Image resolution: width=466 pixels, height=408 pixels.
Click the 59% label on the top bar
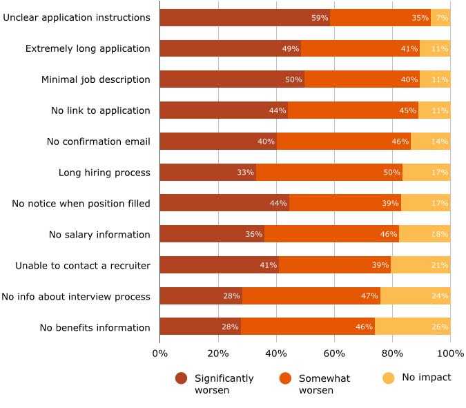[x=320, y=18]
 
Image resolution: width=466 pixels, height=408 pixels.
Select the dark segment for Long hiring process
[x=207, y=172]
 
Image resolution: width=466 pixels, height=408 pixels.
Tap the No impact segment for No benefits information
[x=412, y=327]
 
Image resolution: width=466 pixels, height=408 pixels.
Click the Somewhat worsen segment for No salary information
[x=331, y=234]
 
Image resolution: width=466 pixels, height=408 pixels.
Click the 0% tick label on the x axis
[x=159, y=354]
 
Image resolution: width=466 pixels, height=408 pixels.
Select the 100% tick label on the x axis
[x=450, y=354]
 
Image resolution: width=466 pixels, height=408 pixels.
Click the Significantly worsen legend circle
[x=182, y=378]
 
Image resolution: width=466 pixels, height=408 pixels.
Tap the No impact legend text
[x=426, y=378]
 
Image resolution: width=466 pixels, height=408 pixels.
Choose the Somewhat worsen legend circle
[x=285, y=378]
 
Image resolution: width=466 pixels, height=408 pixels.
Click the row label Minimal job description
[x=95, y=79]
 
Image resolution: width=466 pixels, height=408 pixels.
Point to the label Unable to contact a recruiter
[x=83, y=265]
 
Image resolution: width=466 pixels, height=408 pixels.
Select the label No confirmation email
[x=98, y=142]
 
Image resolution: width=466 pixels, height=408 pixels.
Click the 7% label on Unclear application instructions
[x=442, y=18]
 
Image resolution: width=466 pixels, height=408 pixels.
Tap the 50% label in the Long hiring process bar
[x=391, y=173]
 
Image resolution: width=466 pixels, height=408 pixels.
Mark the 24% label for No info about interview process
[x=440, y=296]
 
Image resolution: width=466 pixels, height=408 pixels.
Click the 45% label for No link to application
[x=407, y=110]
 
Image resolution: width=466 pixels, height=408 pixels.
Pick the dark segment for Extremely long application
[x=230, y=48]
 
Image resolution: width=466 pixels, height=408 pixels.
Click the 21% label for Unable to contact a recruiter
[x=440, y=265]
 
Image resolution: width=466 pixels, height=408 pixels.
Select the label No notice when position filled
[x=81, y=203]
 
